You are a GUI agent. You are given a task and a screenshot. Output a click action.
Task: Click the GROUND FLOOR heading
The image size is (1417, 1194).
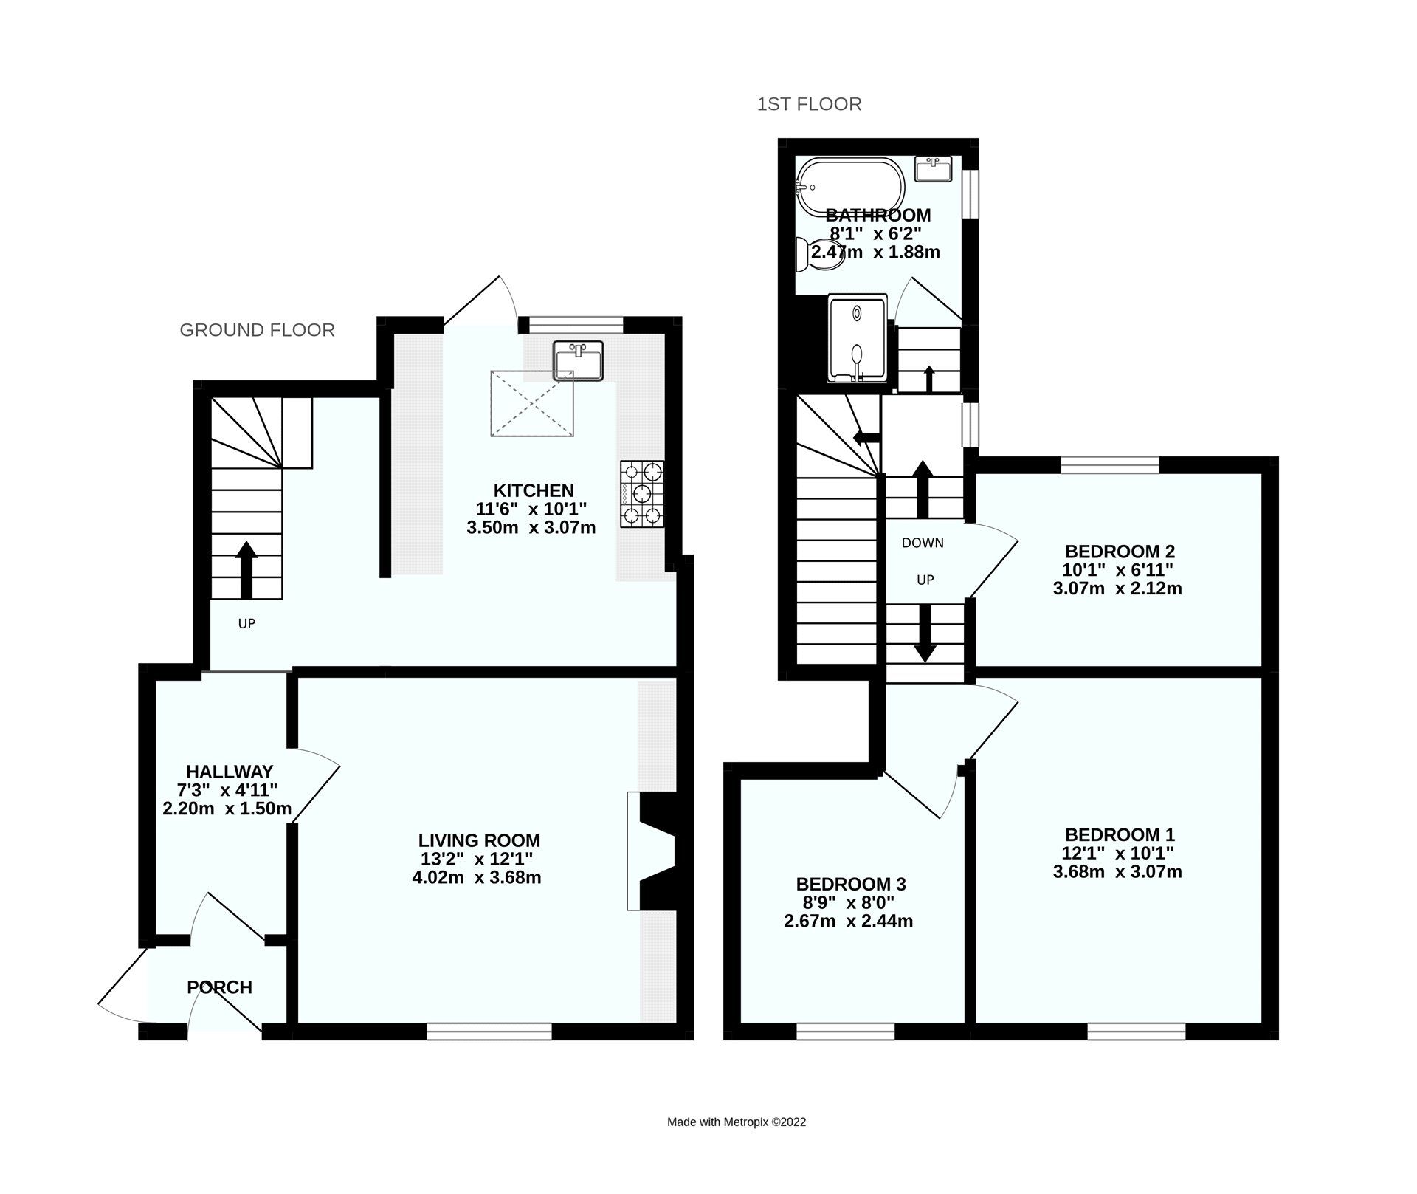[257, 330]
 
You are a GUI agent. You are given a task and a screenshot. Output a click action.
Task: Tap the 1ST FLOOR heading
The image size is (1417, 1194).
[809, 104]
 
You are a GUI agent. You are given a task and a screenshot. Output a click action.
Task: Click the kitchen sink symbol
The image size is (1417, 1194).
[578, 360]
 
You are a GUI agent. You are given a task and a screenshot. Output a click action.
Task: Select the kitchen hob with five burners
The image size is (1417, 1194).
[642, 493]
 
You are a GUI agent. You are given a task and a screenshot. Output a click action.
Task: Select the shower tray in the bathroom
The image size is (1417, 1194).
[857, 339]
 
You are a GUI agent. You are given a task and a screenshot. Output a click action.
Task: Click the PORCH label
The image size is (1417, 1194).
[219, 987]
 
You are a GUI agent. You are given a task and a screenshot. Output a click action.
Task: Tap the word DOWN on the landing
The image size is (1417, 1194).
[923, 543]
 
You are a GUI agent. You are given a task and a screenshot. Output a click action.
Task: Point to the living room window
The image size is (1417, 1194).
[489, 1031]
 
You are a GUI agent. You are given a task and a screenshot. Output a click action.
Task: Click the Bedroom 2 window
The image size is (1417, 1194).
[1110, 464]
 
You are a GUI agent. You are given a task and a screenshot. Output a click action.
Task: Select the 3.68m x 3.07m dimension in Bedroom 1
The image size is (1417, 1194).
[1117, 872]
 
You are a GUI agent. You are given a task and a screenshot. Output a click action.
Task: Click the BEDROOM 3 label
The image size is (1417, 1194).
[850, 884]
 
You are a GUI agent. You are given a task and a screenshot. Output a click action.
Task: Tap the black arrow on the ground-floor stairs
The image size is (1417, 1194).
[246, 569]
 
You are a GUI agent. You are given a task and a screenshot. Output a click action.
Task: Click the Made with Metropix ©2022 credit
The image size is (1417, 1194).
[736, 1122]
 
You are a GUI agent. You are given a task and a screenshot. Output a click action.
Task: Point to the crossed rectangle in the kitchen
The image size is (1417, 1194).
[532, 404]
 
